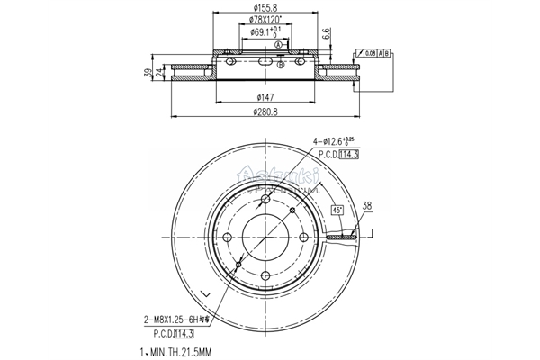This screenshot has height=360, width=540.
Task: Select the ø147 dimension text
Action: tap(265, 96)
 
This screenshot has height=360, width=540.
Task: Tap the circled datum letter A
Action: tap(279, 44)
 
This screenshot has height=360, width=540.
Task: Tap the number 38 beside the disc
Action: tap(366, 205)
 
